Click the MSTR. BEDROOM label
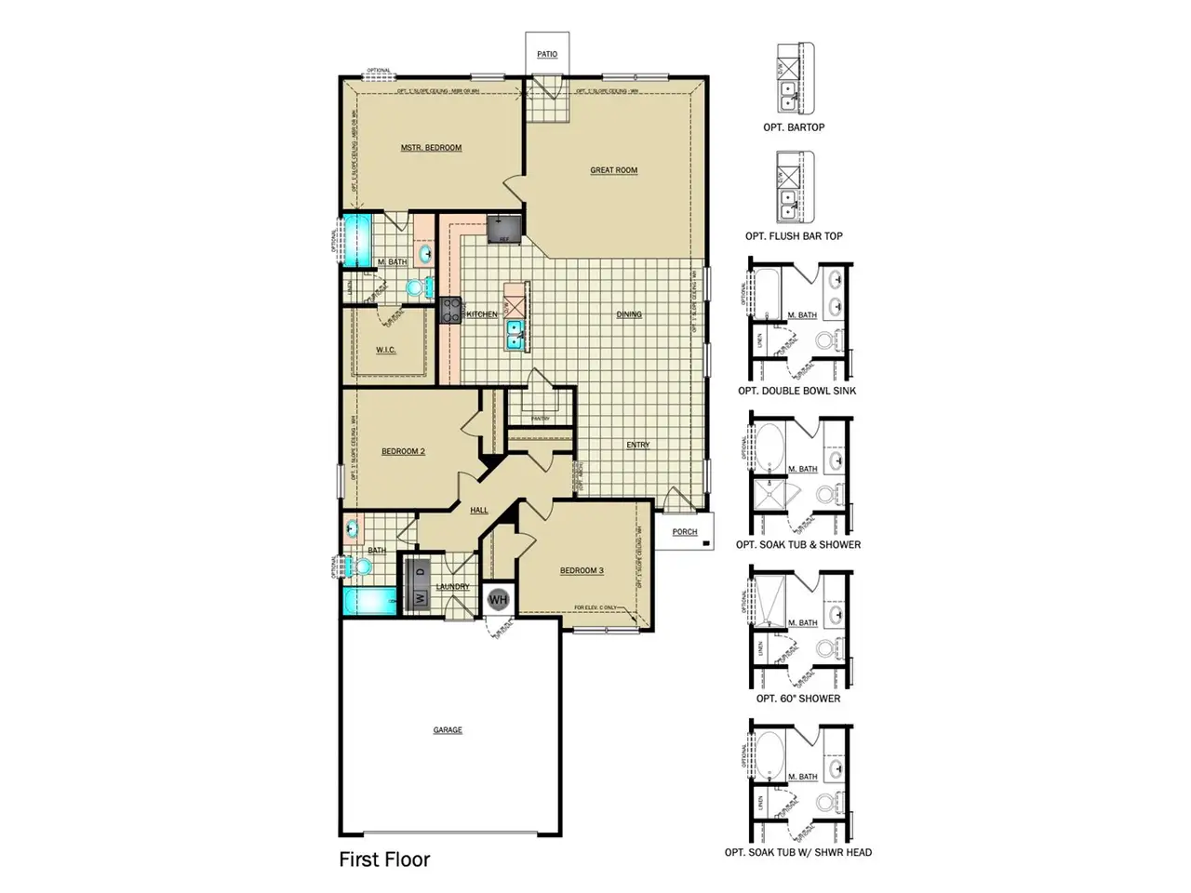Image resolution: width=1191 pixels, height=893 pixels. (x=431, y=148)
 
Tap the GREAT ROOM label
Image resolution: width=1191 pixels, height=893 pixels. (x=614, y=170)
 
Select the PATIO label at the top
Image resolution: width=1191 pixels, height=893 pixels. (x=547, y=54)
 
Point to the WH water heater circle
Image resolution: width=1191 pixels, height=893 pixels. (x=498, y=599)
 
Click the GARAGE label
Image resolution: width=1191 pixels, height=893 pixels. (x=448, y=730)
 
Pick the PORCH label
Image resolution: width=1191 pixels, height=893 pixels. (x=685, y=532)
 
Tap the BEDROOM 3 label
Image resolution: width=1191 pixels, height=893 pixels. (x=582, y=570)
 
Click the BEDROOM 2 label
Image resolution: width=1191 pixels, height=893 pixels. (x=403, y=451)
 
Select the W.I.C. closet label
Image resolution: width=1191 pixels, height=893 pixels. (x=386, y=350)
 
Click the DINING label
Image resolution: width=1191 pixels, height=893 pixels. (x=629, y=314)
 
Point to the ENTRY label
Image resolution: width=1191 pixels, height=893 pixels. (x=638, y=445)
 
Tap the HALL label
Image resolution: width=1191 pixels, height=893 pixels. (x=479, y=510)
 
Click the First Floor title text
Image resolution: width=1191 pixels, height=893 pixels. (x=384, y=860)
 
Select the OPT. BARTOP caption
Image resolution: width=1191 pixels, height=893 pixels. (x=794, y=127)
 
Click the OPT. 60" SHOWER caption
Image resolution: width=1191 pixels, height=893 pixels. (x=798, y=699)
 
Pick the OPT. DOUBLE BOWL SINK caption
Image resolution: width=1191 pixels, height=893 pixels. (x=797, y=391)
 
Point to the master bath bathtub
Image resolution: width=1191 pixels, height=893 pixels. (x=355, y=240)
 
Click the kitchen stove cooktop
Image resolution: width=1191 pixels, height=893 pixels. (x=451, y=310)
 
